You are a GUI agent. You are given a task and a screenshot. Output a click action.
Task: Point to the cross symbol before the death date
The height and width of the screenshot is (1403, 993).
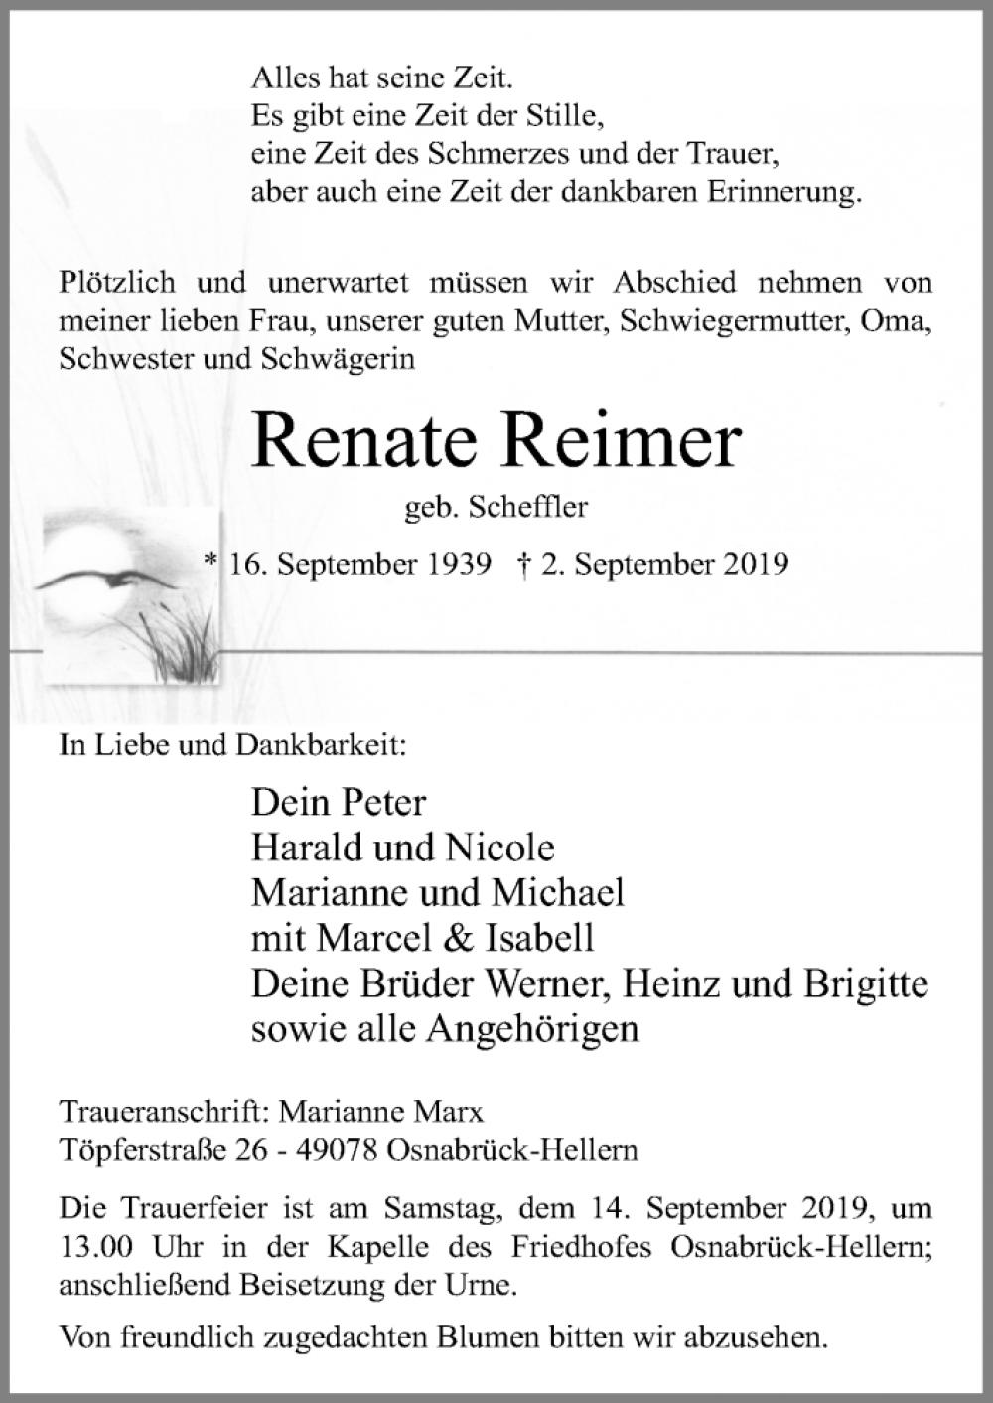(x=523, y=565)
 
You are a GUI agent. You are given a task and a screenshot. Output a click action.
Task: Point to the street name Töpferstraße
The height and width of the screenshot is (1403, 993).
(x=144, y=1150)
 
